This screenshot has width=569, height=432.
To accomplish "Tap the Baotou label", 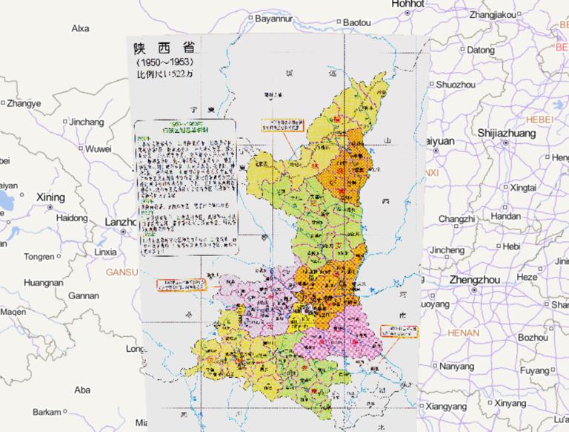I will [x=356, y=23].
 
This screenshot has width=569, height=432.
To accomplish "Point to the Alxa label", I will [x=80, y=28].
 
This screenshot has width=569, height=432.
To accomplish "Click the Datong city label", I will [x=481, y=50].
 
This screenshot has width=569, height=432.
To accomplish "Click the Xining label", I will [x=50, y=197].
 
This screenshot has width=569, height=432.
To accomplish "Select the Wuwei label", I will [x=97, y=148].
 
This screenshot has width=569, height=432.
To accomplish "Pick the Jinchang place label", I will [x=87, y=121].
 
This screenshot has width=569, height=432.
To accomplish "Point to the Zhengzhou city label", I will [x=474, y=280].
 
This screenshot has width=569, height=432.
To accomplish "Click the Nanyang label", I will [x=456, y=366].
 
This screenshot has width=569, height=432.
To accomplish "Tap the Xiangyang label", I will [x=447, y=407].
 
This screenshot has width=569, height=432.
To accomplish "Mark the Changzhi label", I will [x=456, y=219].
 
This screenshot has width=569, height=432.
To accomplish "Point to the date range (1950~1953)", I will [x=159, y=63].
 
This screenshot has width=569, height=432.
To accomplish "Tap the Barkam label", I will [x=47, y=412].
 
